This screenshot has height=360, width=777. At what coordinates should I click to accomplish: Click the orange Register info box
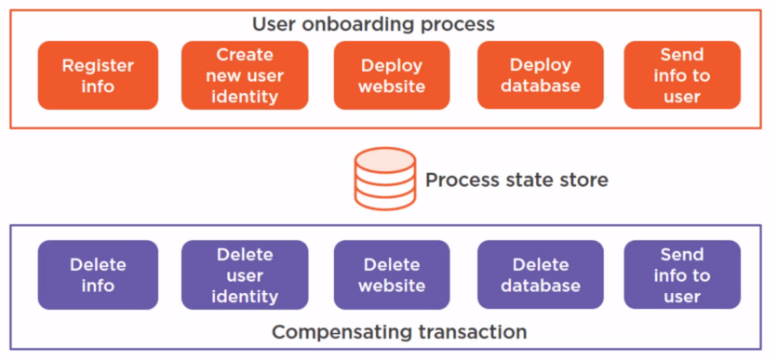pos(98,75)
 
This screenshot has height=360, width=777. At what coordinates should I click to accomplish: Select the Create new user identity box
pos(245,75)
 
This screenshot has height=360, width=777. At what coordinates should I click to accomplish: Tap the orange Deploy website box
pos(392,75)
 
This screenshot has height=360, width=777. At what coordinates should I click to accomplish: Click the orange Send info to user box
pos(681,75)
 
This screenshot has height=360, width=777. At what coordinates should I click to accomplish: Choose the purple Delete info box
pos(98,274)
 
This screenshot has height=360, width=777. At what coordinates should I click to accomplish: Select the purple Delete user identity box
pos(245,274)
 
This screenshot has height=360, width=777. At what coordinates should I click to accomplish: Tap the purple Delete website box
pos(392,274)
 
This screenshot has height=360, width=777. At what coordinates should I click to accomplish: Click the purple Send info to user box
pos(681,274)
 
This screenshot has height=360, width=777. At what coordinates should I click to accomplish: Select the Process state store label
pos(516,180)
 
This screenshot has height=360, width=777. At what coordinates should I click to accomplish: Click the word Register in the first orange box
pos(98,65)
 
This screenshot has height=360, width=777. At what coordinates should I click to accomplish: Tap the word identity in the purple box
pos(245,296)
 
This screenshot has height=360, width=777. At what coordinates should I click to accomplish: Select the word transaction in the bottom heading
pos(476,332)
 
